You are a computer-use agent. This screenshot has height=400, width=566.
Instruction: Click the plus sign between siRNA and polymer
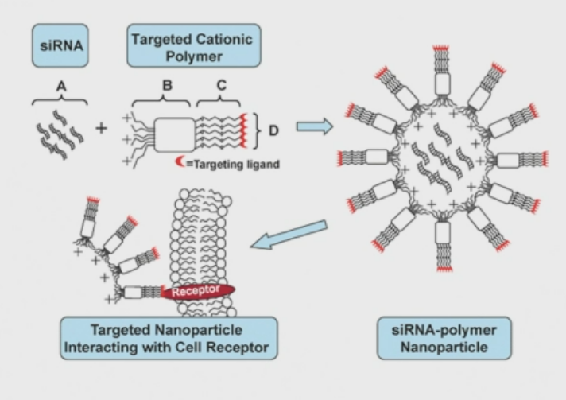[x=101, y=129]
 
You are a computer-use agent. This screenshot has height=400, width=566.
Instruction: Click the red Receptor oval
[x=198, y=293]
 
